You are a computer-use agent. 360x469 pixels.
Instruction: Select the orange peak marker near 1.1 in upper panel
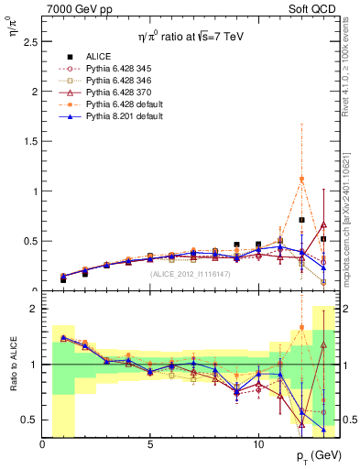coord(301,180)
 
